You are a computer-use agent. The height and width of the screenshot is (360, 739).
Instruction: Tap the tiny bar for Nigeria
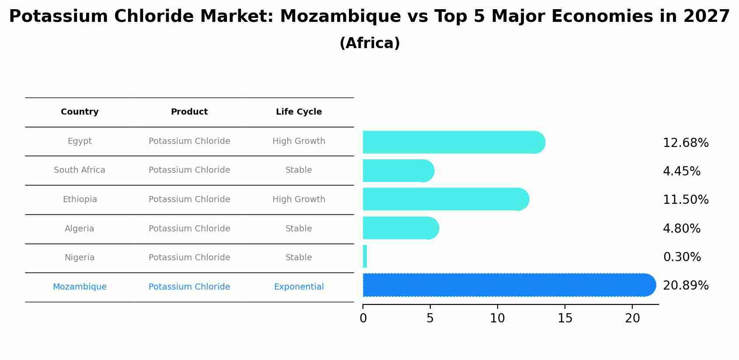365,257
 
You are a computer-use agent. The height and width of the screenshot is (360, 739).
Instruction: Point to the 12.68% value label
685,143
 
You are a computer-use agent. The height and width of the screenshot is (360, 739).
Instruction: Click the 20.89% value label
685,286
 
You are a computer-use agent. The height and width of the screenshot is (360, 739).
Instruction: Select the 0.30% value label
682,257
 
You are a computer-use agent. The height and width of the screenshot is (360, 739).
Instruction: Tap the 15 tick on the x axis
565,318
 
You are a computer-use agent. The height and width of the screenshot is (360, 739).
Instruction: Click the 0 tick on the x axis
363,318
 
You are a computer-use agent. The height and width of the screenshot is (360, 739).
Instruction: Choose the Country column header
80,112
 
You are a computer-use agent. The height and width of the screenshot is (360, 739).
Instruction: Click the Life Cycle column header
299,112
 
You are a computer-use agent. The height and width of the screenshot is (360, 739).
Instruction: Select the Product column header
189,112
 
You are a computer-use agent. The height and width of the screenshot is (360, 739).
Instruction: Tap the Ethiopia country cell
80,199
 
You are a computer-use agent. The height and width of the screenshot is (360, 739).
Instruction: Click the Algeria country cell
80,229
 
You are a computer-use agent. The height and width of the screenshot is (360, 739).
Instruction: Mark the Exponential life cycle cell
299,287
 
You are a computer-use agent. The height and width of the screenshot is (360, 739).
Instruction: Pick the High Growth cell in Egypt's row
299,141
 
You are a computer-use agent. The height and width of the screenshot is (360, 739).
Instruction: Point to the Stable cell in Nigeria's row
299,258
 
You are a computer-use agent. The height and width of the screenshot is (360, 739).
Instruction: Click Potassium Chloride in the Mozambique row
189,287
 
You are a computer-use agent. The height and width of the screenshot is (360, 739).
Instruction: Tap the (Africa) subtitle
369,43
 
